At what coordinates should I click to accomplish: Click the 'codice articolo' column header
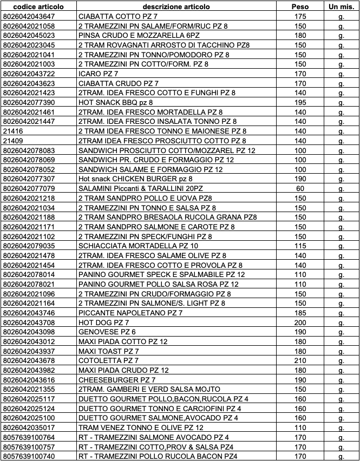click(x=38, y=6)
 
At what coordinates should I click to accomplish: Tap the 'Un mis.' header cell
click(x=341, y=6)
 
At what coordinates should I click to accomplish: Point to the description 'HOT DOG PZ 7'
click(x=103, y=322)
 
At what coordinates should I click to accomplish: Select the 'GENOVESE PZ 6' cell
click(x=104, y=332)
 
